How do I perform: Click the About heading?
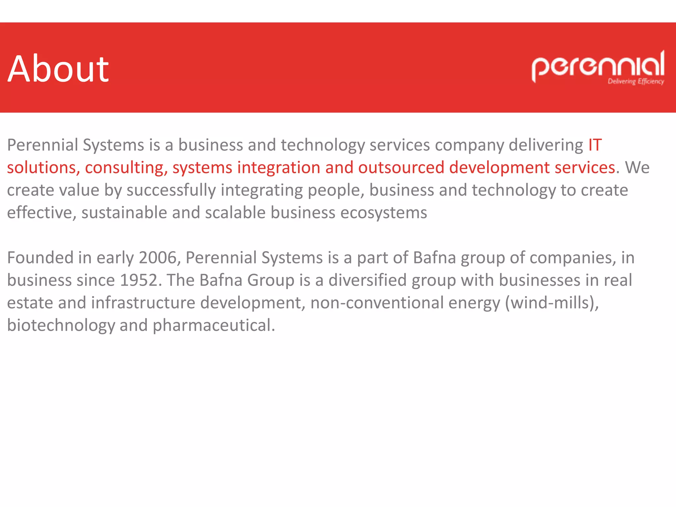pos(58,69)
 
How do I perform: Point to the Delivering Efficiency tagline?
pos(636,81)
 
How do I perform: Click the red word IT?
pos(595,145)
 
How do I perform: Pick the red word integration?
pos(279,168)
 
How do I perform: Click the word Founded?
pos(40,258)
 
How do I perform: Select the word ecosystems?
pos(384,213)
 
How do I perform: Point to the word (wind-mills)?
pos(552,303)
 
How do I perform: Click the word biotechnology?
pos(61,325)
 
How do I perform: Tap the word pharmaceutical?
pos(214,325)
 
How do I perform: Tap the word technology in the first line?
pos(322,145)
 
